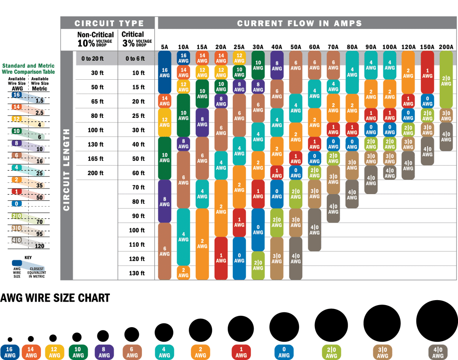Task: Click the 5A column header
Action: pos(164,47)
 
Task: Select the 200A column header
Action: pos(446,47)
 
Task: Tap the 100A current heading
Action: pos(390,47)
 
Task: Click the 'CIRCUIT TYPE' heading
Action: pos(109,24)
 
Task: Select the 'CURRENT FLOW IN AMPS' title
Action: pos(299,24)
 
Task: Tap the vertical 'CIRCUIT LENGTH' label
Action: pos(67,170)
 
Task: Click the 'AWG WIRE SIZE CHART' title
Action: pos(55,298)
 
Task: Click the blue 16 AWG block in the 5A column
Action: pos(164,72)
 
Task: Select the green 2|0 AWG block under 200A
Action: pos(446,80)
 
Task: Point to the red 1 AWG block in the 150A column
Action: pos(427,72)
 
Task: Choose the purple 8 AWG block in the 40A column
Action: pos(277,65)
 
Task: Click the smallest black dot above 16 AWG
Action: pos(10,339)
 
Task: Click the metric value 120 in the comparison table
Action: pos(40,246)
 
